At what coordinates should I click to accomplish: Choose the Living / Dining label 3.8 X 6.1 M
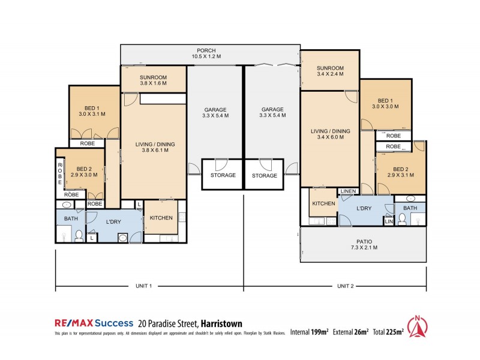pyautogui.click(x=154, y=147)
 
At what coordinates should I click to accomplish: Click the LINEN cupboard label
pyautogui.click(x=347, y=191)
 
